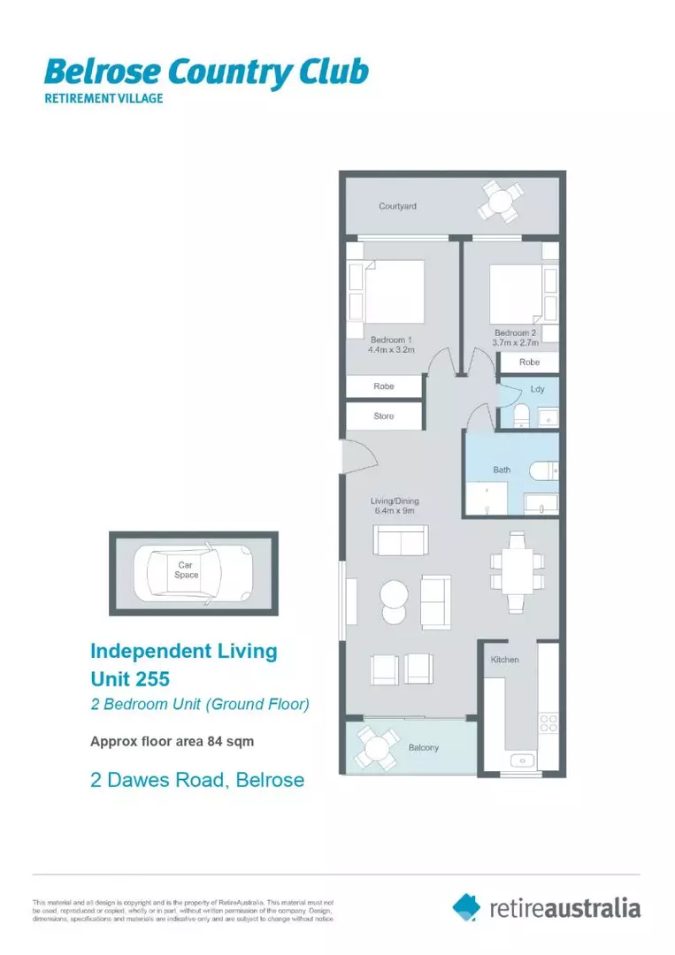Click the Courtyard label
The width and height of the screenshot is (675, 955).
(x=397, y=206)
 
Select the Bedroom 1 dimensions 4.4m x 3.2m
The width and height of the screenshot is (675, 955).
(x=390, y=349)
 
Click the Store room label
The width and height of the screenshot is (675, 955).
(x=383, y=416)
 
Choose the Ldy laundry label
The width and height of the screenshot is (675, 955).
(x=537, y=389)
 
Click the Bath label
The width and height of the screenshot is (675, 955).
(x=502, y=470)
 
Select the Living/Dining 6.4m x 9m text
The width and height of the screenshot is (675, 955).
(x=393, y=506)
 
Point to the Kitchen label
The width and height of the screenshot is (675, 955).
(x=505, y=660)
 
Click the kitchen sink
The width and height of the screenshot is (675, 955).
(x=519, y=760)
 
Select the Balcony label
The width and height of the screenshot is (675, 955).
(x=424, y=747)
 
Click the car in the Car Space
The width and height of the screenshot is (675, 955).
(x=193, y=574)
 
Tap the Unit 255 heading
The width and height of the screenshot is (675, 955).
(x=129, y=679)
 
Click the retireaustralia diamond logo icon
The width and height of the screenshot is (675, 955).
(x=466, y=906)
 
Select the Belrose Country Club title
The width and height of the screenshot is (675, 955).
(x=206, y=73)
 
